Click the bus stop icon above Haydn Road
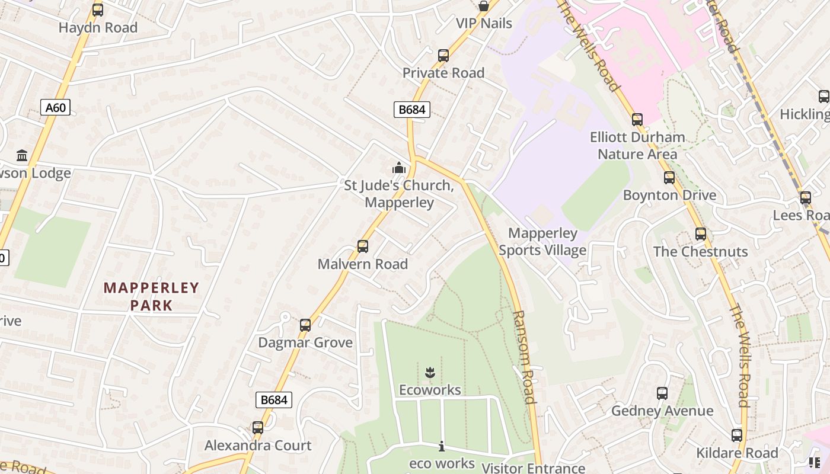click(98, 10)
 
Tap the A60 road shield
click(56, 107)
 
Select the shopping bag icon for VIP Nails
click(484, 7)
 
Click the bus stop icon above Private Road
click(443, 56)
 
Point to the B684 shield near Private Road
click(411, 110)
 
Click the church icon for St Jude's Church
click(399, 168)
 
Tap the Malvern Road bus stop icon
click(362, 246)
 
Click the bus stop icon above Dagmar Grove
click(305, 325)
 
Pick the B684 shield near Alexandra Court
click(274, 400)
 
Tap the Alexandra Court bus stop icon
click(258, 428)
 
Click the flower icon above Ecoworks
click(430, 373)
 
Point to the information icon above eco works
click(441, 446)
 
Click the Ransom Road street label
click(524, 357)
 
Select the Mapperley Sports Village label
click(542, 242)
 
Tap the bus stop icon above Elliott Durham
click(637, 120)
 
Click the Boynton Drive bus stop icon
click(669, 178)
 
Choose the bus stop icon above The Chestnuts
click(701, 234)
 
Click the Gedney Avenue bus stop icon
click(662, 393)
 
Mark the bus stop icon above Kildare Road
click(737, 435)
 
